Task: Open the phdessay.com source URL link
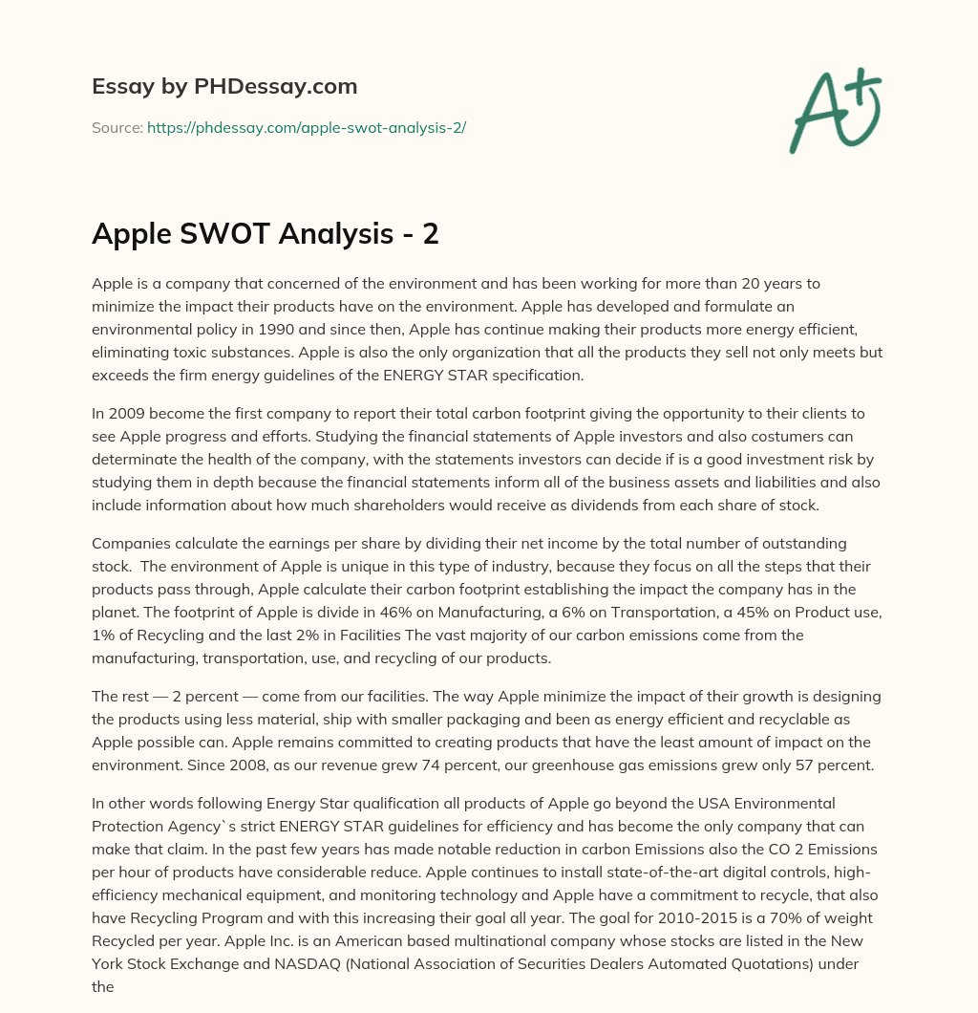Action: (x=306, y=127)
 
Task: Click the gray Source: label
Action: (x=117, y=127)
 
